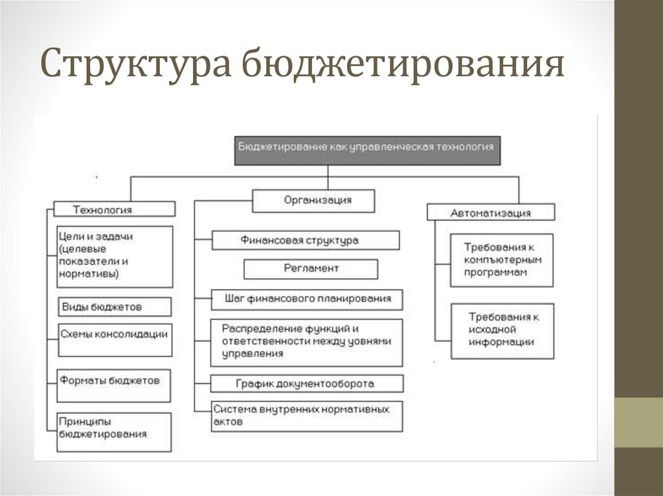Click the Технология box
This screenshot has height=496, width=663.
click(114, 209)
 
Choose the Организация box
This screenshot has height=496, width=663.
click(313, 200)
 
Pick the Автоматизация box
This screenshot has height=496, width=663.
click(490, 213)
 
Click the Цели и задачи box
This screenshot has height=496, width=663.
click(115, 256)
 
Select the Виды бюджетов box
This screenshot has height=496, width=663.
click(115, 306)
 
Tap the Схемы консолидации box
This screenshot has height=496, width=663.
click(115, 340)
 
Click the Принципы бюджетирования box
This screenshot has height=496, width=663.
click(114, 432)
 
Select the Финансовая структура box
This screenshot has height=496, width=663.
click(305, 241)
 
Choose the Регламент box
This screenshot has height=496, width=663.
click(311, 268)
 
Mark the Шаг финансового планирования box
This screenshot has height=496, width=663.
click(307, 299)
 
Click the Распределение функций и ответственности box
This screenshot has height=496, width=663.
click(307, 342)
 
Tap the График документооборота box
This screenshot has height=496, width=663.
click(307, 383)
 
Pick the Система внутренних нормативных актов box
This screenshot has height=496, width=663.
click(307, 416)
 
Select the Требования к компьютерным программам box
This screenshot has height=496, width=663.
click(502, 260)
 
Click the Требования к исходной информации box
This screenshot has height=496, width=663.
click(502, 330)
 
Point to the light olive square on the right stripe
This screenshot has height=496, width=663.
click(638, 422)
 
